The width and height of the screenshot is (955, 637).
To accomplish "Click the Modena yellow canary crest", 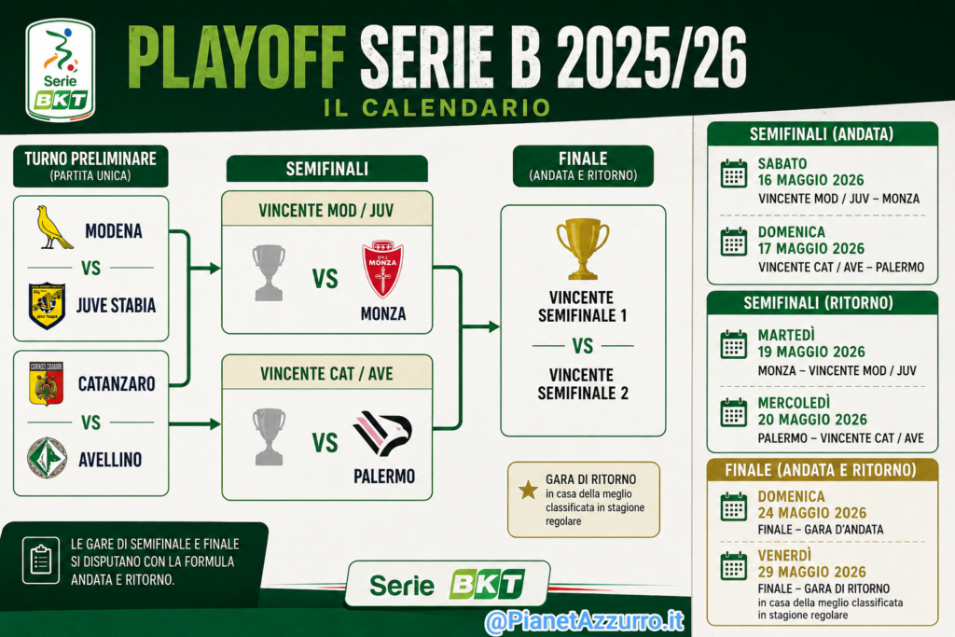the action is (x=53, y=228).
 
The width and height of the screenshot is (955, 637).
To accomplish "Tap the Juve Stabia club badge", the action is (x=47, y=305).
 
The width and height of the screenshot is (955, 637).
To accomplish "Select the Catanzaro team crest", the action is (x=47, y=383).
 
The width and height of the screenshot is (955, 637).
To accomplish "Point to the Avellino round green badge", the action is (x=47, y=458).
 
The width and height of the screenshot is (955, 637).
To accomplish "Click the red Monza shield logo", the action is (x=382, y=269).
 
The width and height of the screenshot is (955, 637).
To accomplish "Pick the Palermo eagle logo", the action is (x=382, y=434).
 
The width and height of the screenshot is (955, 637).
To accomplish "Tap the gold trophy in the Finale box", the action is (x=583, y=248).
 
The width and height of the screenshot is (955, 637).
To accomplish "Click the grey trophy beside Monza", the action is (x=269, y=273).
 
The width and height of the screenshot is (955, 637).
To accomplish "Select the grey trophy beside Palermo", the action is (x=269, y=436).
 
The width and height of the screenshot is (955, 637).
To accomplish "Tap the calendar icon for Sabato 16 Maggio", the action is (x=734, y=173).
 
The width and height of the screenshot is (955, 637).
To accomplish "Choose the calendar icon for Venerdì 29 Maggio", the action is (x=734, y=566).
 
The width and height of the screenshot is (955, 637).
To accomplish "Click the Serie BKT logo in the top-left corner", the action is (x=61, y=70).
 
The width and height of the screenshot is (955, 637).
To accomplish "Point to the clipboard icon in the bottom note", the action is (x=41, y=561).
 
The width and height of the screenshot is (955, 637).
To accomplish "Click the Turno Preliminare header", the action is (x=90, y=166).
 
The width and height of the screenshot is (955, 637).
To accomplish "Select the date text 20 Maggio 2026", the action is (x=812, y=420).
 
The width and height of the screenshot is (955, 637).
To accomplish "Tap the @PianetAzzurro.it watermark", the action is (x=585, y=621).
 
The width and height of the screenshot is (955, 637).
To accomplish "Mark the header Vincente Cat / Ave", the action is (x=327, y=373).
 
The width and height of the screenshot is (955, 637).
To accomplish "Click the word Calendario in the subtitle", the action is (x=457, y=108).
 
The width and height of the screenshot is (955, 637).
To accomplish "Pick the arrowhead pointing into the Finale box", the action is (x=494, y=327).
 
